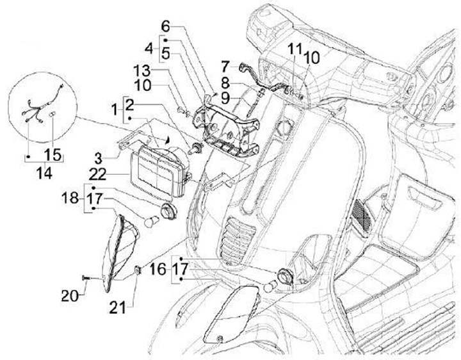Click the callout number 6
(165, 26)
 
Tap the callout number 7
(225, 65)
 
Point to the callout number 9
(225, 97)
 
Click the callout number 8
(225, 83)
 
